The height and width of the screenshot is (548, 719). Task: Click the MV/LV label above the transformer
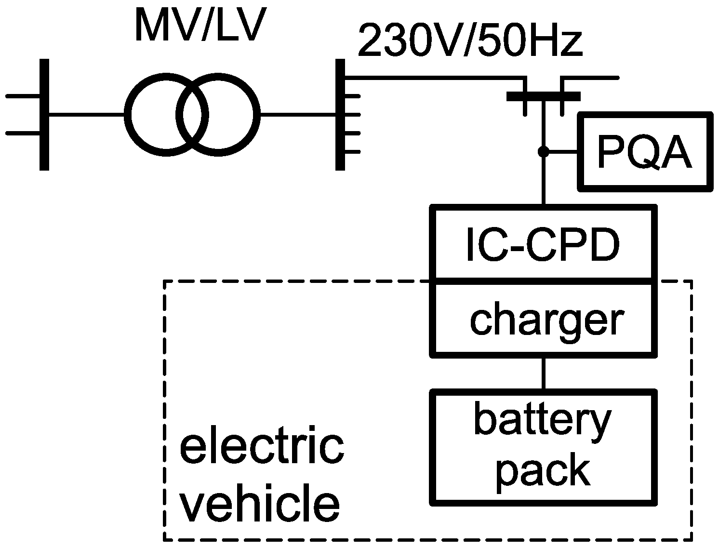tap(200, 27)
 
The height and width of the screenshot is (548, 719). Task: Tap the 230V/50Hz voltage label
tap(470, 43)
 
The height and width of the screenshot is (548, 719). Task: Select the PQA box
tap(645, 152)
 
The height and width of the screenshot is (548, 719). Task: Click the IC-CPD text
tap(543, 246)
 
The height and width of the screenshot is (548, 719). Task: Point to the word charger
tap(546, 320)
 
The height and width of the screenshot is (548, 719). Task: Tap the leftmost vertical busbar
tap(44, 114)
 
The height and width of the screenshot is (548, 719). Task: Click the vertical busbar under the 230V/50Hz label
tap(340, 114)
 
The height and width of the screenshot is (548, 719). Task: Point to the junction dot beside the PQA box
tap(543, 152)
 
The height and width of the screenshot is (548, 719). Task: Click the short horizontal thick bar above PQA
tap(543, 96)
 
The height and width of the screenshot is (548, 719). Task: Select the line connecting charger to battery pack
tap(543, 373)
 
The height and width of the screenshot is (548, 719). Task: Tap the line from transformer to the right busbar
tap(298, 114)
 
